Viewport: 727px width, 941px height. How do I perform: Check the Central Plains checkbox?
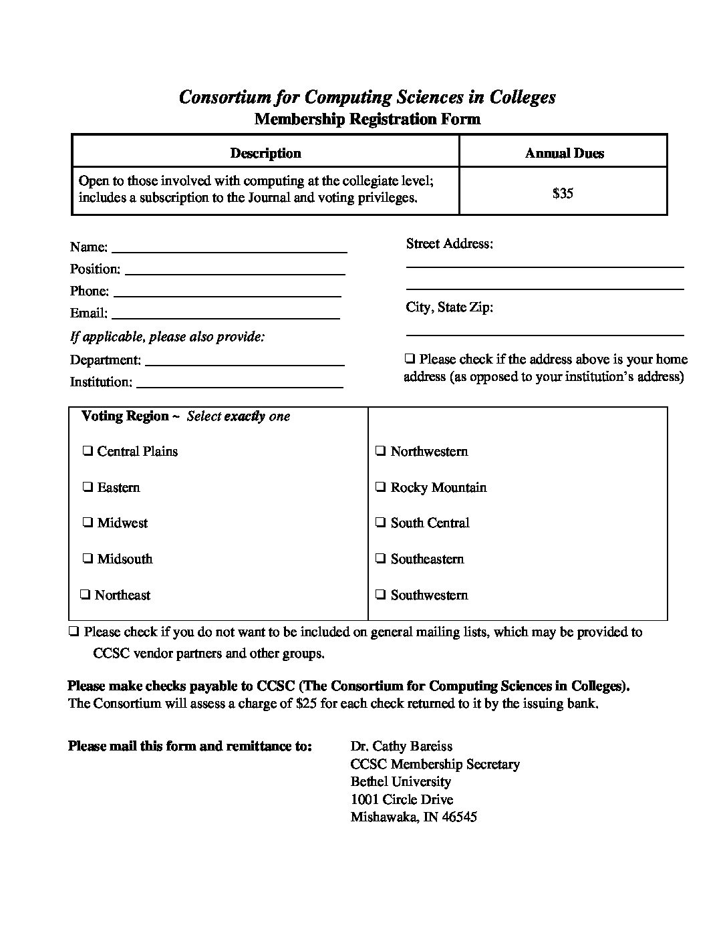coord(88,451)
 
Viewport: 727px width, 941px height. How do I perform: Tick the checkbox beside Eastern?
coord(88,487)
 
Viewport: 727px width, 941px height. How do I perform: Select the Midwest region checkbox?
coord(88,523)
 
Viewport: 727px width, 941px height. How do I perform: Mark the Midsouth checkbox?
coord(88,559)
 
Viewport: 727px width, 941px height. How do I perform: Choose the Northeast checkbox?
coord(85,595)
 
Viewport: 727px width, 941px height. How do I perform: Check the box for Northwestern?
coord(380,451)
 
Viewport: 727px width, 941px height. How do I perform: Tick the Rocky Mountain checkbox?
coord(380,487)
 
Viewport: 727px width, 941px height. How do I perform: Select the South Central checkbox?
coord(380,523)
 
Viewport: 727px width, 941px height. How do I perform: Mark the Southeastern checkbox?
coord(380,559)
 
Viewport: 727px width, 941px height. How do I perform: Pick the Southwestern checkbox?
coord(380,595)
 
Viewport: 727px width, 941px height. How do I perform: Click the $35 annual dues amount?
coord(563,194)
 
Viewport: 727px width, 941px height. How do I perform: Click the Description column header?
coord(265,153)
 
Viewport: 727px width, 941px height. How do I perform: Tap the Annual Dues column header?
coord(564,153)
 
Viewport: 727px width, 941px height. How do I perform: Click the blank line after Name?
coord(229,248)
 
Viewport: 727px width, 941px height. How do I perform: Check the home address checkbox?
coord(410,359)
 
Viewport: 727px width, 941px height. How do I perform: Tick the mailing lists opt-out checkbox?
coord(74,632)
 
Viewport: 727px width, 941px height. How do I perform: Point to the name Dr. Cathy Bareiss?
coord(401,746)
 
